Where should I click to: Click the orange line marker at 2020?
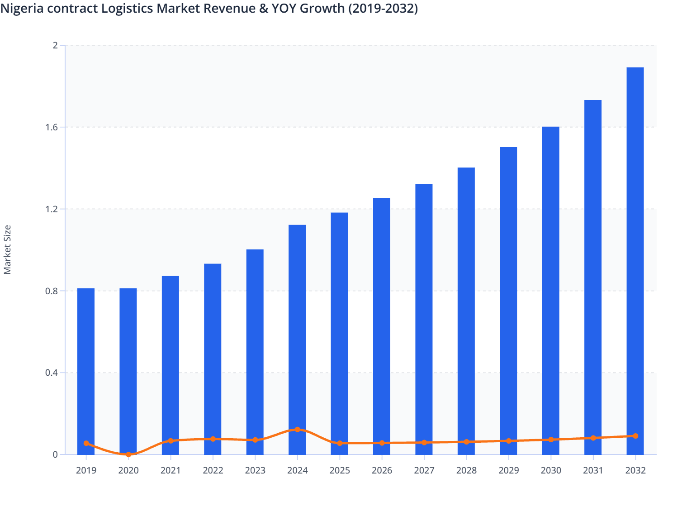128,454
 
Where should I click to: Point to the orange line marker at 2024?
297,429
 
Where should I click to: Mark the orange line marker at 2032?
635,436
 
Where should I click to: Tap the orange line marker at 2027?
424,442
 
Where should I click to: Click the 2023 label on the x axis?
255,470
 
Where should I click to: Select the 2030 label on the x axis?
551,470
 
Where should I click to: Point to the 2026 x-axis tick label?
382,470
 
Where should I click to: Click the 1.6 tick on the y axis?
52,127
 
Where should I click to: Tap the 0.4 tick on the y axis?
52,373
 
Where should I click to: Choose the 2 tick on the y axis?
55,45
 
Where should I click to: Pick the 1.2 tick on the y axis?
52,209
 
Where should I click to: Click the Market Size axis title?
7,249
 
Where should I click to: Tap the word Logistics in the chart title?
127,8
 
